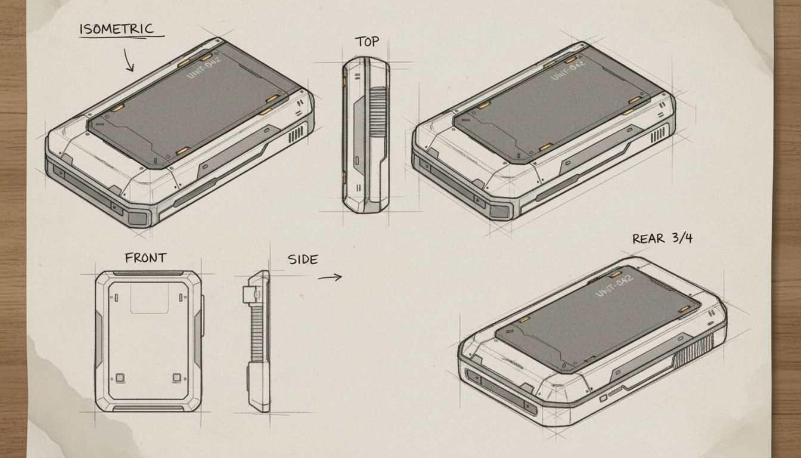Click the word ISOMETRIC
click(x=116, y=29)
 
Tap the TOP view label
click(x=367, y=42)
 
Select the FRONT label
click(x=145, y=258)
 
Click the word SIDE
click(x=303, y=260)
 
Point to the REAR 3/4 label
click(x=662, y=239)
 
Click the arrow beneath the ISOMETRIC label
click(x=129, y=60)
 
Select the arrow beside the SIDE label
click(x=330, y=277)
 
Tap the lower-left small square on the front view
click(x=120, y=377)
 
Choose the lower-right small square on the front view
click(x=176, y=377)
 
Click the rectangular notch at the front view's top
click(x=148, y=298)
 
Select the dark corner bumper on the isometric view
click(x=138, y=217)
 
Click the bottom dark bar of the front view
click(x=148, y=408)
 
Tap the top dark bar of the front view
click(x=148, y=274)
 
